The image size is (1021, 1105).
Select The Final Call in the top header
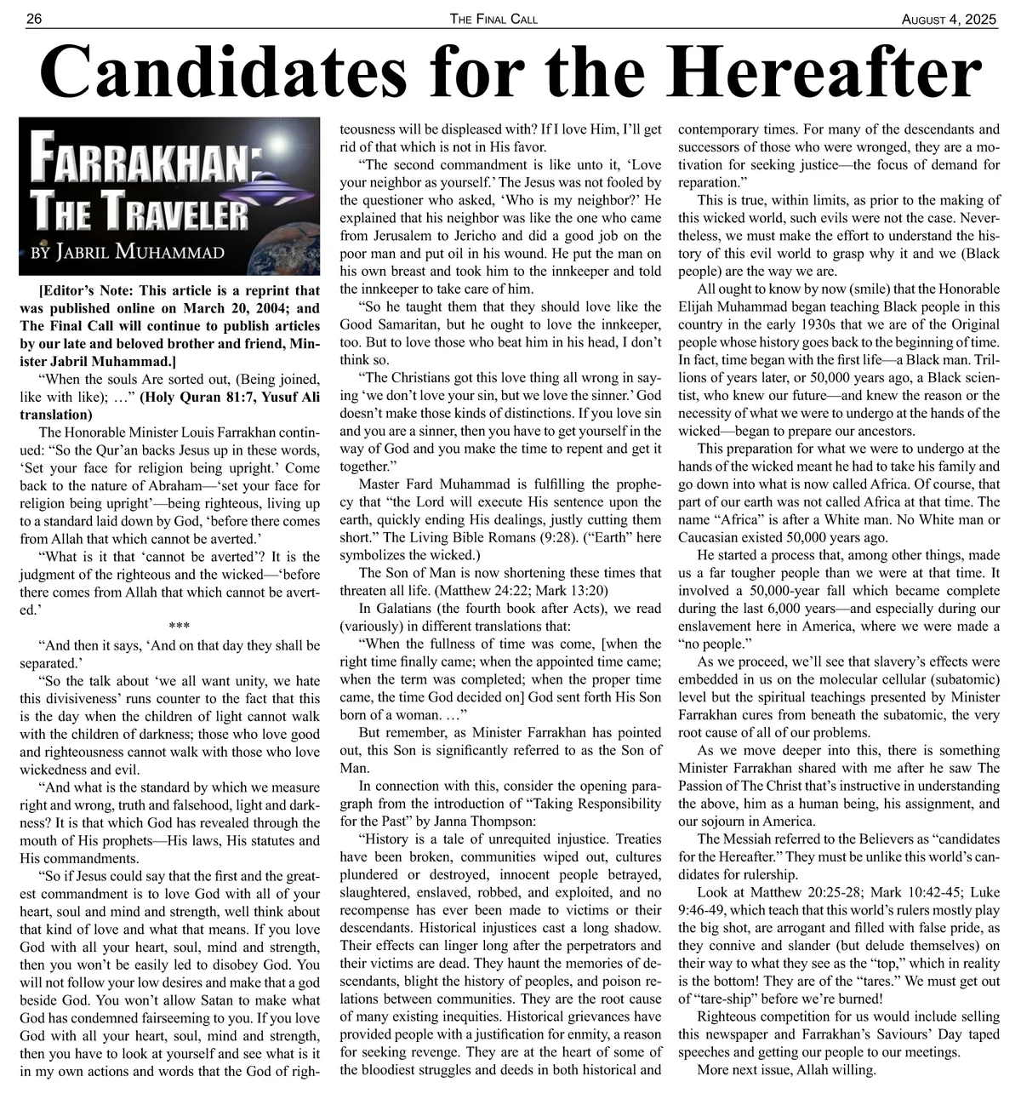coord(493,19)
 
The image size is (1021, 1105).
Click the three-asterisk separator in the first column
coord(179,628)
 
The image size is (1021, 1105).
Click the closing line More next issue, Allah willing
coord(786,1070)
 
